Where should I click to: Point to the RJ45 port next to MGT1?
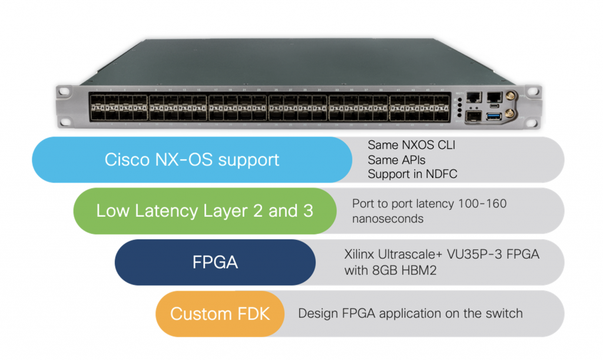tap(473, 97)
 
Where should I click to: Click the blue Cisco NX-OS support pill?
tap(191, 160)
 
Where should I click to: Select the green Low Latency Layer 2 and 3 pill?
tap(204, 211)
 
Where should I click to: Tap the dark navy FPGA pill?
tap(215, 262)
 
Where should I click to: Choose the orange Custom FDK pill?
tap(220, 313)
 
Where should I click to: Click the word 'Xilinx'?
tap(359, 256)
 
